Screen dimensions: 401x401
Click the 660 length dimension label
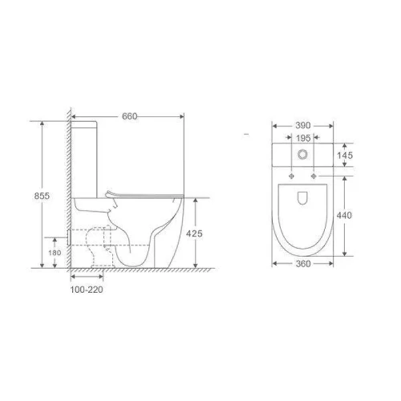[130, 116]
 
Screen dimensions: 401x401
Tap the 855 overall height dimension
[42, 196]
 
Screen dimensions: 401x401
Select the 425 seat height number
[194, 233]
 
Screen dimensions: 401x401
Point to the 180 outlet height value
[55, 253]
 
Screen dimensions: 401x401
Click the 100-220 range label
[87, 290]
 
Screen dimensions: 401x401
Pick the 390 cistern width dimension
[303, 125]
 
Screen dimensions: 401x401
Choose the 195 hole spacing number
[303, 138]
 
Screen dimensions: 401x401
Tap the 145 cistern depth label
[345, 156]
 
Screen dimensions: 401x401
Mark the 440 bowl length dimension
[344, 215]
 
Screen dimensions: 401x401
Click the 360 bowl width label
[303, 264]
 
